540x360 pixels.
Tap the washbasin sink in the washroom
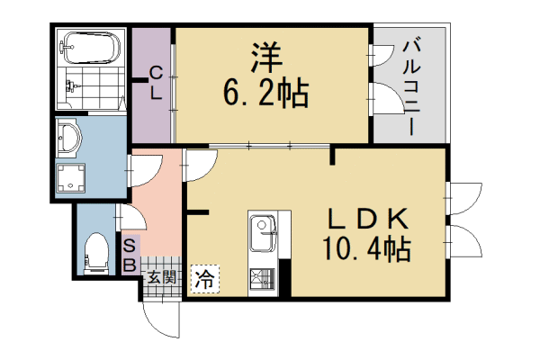point(69,138)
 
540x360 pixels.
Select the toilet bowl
point(94,251)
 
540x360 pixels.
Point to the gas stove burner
point(263,281)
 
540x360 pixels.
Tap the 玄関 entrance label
point(164,277)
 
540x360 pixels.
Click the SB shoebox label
point(130,255)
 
